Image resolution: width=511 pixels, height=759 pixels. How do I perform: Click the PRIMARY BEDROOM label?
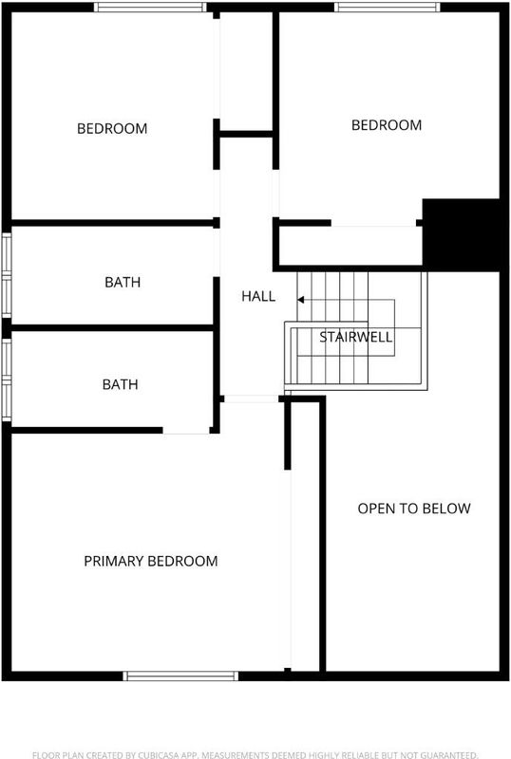tap(151, 561)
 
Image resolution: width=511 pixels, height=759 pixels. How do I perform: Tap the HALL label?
tap(258, 296)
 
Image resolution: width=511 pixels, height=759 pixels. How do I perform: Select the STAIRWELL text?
tap(356, 337)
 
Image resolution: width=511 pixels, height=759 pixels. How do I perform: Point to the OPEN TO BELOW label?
tap(414, 509)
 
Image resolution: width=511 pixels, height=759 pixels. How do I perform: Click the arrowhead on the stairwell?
tap(300, 300)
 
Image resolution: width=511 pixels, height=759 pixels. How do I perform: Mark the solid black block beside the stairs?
tap(461, 234)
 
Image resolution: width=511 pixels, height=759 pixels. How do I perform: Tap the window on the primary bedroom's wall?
tap(180, 676)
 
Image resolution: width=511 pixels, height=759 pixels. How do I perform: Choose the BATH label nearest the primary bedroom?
tap(121, 384)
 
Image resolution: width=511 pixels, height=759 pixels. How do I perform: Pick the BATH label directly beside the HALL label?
tap(123, 282)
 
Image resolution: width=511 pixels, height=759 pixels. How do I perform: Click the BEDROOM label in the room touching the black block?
tap(387, 125)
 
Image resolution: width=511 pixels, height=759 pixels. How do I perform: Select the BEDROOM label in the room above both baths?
tap(112, 128)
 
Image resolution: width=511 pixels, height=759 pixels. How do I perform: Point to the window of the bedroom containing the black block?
tap(388, 7)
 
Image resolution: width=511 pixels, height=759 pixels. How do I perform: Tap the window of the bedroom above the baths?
tap(150, 7)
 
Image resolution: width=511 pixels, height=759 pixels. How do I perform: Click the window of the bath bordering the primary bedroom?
tap(7, 379)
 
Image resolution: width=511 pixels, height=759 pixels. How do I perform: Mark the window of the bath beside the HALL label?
tap(7, 275)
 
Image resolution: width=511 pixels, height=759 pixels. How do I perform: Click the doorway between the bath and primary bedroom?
tap(186, 431)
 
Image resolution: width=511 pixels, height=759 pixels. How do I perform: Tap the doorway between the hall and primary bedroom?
tap(251, 398)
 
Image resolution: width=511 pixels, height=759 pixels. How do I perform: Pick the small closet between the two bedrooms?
tap(246, 72)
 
